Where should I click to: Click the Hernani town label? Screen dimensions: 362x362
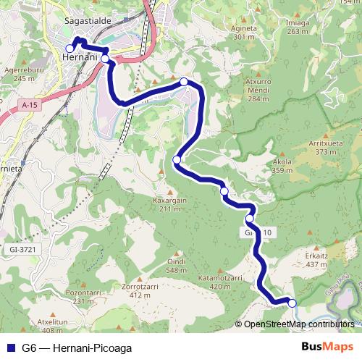[80, 58]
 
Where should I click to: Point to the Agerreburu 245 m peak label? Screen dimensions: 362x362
[20, 75]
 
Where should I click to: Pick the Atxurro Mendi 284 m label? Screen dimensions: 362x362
[258, 90]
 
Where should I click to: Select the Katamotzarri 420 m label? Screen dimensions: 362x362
[224, 282]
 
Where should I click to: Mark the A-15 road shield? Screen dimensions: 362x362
[29, 106]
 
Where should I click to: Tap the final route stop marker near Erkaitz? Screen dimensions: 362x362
[292, 303]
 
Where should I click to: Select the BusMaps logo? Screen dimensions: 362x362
[328, 347]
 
